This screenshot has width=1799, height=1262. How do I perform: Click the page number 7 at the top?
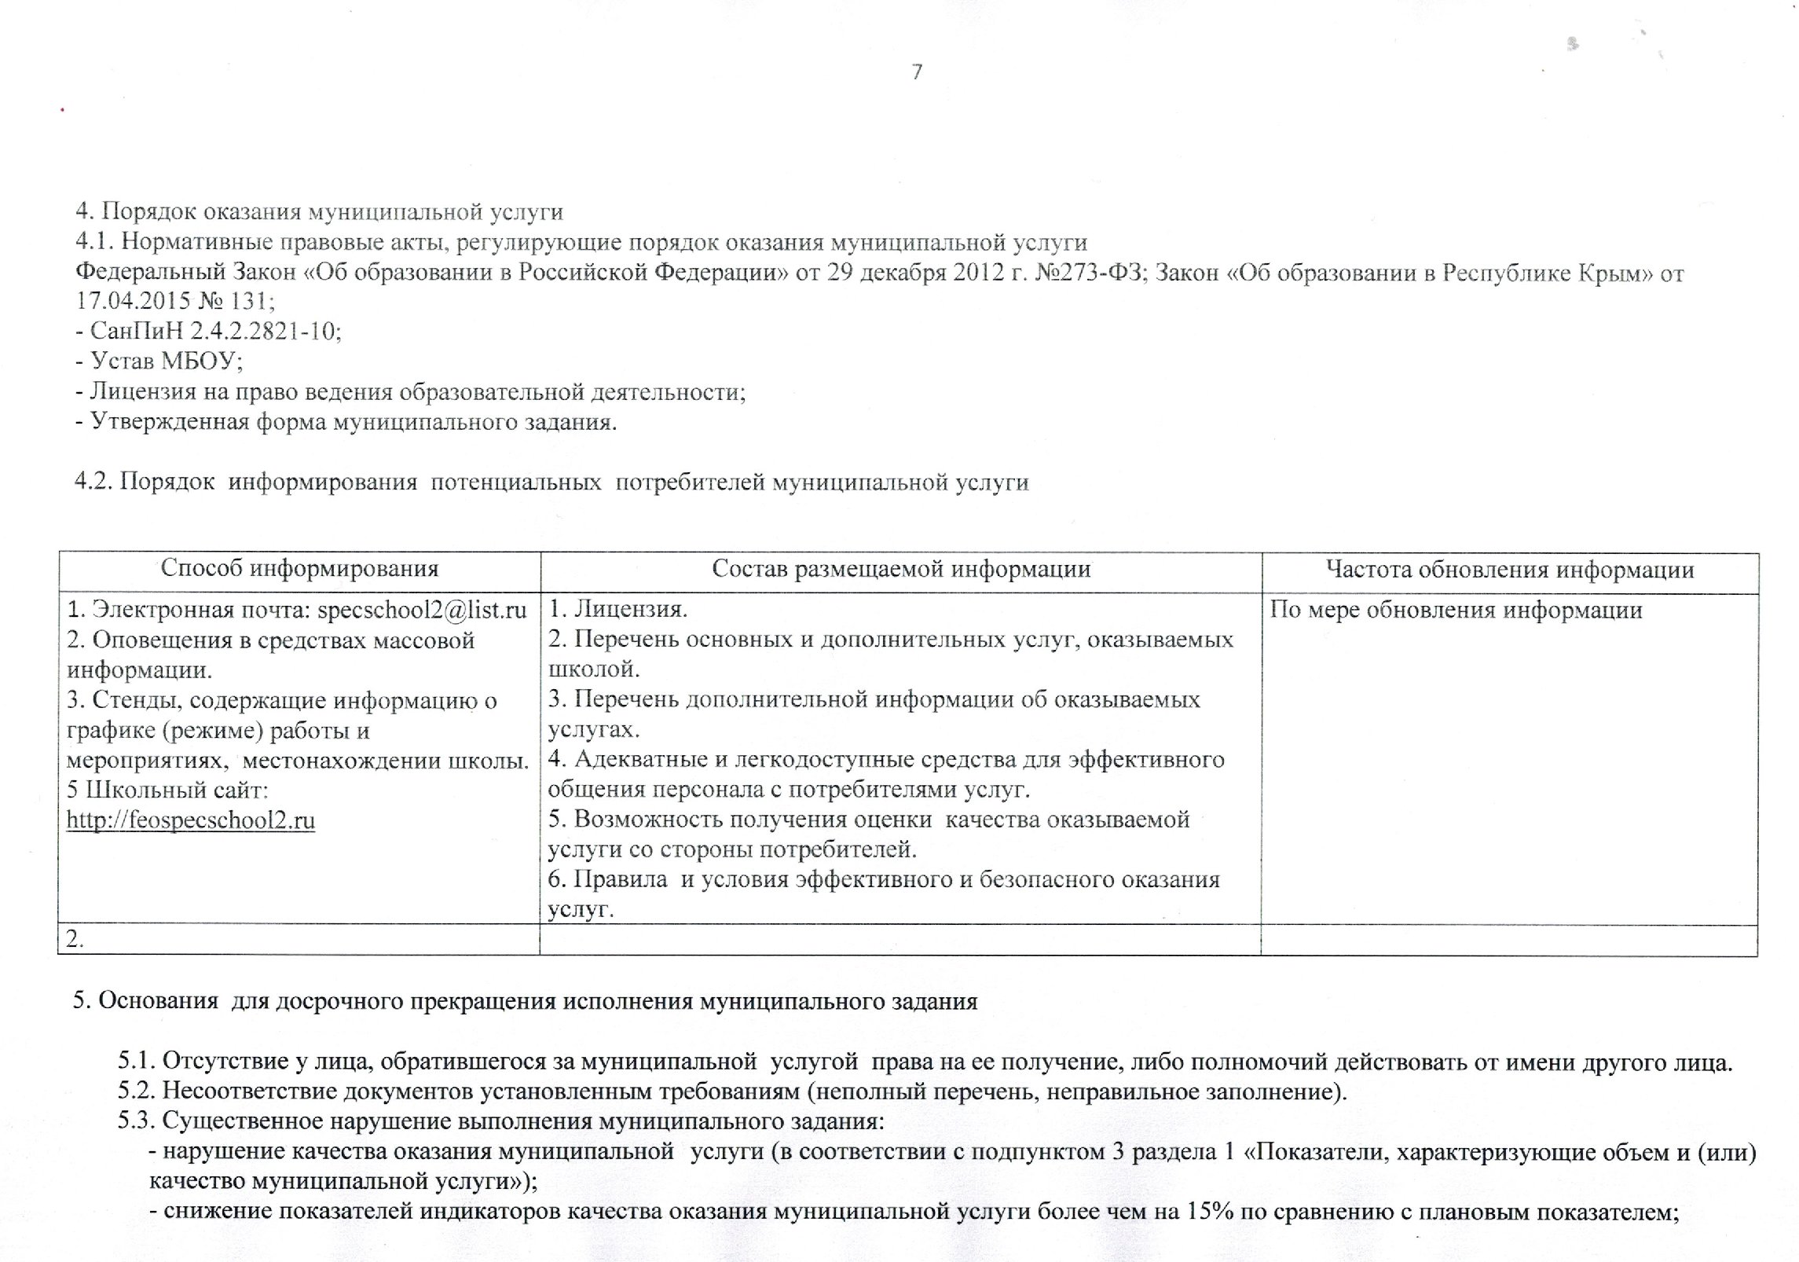917,72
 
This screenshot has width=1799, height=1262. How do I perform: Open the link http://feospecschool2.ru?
191,820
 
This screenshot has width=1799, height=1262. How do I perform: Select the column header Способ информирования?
299,569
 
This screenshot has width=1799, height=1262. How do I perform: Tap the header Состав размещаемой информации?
900,569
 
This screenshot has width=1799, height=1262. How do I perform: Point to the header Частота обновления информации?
1509,569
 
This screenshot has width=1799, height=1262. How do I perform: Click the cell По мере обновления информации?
1456,611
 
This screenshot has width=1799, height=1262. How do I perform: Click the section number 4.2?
94,481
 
